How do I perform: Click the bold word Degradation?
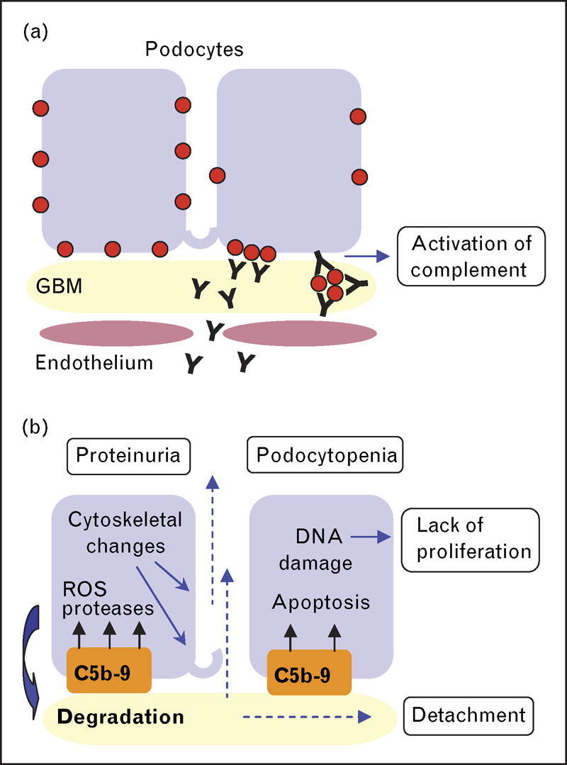[120, 716]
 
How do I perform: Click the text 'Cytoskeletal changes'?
[125, 534]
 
